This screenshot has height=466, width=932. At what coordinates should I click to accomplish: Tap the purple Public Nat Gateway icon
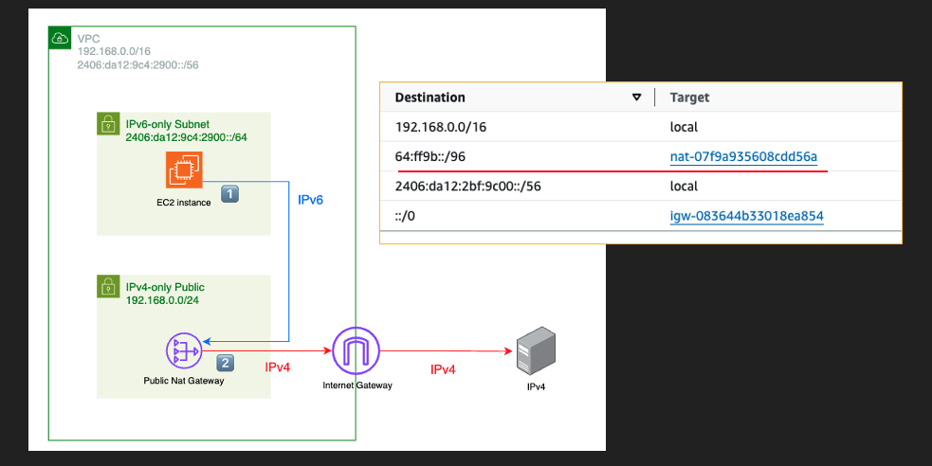(184, 350)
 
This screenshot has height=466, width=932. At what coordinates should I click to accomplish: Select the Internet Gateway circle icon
(356, 349)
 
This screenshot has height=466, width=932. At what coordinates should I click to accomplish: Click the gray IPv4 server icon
(536, 355)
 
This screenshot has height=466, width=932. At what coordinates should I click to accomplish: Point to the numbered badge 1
(229, 193)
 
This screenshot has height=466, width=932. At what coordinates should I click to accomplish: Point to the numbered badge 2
(226, 362)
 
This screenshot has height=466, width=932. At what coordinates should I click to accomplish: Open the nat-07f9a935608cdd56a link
(742, 156)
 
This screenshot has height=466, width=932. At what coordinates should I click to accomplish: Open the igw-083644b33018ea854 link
(746, 216)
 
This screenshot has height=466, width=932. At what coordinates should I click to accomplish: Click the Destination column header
(429, 98)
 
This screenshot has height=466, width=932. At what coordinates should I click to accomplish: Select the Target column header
(689, 98)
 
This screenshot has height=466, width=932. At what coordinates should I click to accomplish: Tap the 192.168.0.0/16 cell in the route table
(441, 127)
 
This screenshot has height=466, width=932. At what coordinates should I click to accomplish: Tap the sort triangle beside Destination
(637, 98)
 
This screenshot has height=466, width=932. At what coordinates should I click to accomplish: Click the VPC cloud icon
(60, 38)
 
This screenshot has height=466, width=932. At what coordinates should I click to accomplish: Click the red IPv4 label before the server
(442, 369)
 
